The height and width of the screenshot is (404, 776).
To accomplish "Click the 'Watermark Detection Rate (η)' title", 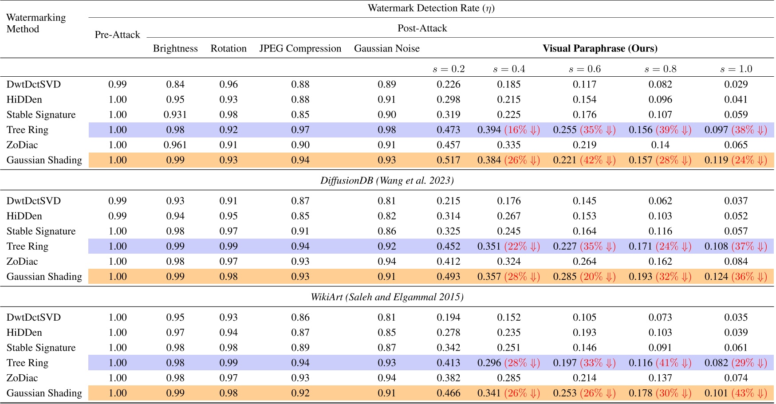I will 431,8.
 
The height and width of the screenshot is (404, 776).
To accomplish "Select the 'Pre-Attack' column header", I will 117,35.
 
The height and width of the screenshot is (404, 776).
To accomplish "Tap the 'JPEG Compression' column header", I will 300,48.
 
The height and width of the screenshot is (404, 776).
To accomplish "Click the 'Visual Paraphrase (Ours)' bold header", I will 600,48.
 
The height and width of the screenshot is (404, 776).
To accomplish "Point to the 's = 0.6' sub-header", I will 584,69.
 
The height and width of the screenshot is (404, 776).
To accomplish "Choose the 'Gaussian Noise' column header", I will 386,48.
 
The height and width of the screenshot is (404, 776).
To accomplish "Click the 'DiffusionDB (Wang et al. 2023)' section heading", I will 387,180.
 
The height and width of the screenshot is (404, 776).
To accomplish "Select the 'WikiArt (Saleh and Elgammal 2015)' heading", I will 387,297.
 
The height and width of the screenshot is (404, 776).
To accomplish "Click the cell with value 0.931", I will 175,114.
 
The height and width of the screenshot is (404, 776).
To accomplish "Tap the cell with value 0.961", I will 175,145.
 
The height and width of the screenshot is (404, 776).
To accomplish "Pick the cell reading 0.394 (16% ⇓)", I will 508,129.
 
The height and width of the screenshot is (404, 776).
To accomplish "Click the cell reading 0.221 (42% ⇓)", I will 584,160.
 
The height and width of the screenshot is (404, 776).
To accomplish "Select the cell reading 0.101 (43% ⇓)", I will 736,393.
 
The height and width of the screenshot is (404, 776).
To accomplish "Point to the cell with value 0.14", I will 660,145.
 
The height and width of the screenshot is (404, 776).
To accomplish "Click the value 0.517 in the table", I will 448,160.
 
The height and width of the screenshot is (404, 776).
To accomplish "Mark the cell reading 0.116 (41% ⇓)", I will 660,363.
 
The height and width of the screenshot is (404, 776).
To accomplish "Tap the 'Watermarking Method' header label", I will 36,23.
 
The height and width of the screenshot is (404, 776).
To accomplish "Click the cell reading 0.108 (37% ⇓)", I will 736,246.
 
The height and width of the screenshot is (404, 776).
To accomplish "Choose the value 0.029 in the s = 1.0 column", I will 736,84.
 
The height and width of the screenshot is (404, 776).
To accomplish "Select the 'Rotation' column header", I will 228,48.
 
